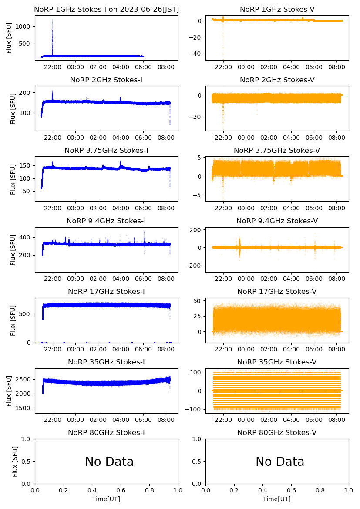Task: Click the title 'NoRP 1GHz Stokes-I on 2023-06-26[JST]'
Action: (x=106, y=10)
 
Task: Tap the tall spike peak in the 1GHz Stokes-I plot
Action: (x=53, y=20)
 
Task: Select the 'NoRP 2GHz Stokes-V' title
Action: (x=277, y=80)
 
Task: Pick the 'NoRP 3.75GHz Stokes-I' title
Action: (x=106, y=151)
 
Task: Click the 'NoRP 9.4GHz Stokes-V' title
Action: (x=277, y=221)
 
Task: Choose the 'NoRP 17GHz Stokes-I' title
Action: (x=106, y=292)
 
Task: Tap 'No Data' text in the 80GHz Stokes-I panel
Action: (x=109, y=462)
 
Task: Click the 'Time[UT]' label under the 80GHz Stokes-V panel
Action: (x=277, y=499)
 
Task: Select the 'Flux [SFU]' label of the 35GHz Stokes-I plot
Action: (x=9, y=391)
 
